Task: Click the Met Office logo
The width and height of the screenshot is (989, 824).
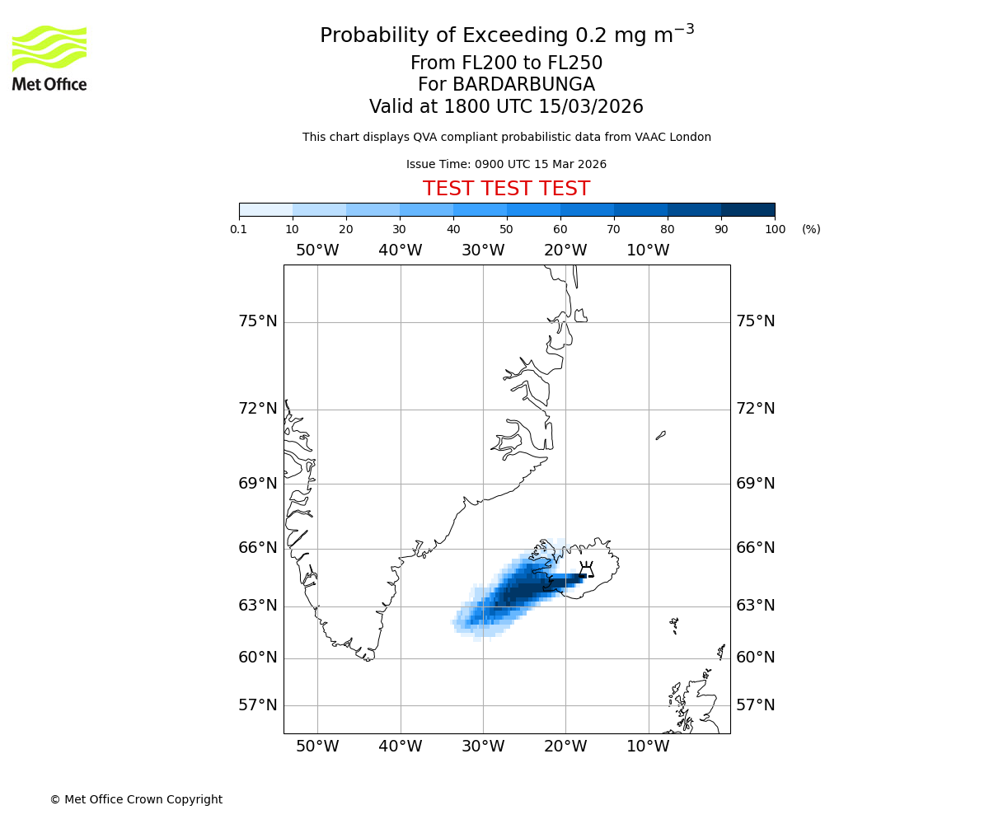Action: click(49, 58)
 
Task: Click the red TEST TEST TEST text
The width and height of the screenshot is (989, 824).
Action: click(506, 189)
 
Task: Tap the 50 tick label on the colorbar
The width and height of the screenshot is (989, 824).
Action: click(506, 229)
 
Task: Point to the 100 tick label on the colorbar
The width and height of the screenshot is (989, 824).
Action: click(775, 229)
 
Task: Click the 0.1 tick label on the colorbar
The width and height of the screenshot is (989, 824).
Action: click(239, 229)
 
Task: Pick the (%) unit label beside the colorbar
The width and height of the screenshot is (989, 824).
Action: click(811, 229)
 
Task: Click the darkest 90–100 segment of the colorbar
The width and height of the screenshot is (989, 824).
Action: click(748, 209)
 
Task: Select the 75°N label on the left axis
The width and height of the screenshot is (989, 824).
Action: click(258, 321)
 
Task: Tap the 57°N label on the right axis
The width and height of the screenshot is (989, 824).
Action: click(756, 705)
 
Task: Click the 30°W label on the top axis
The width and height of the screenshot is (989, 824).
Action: click(483, 250)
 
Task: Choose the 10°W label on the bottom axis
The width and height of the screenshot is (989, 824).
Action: click(648, 747)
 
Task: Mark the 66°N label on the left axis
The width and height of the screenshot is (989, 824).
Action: click(258, 548)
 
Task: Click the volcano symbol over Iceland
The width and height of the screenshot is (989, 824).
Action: click(586, 569)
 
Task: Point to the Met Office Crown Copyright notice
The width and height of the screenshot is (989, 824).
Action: click(136, 799)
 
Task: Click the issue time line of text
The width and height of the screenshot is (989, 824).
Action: click(506, 164)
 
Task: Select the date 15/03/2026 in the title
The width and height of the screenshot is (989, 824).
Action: click(591, 106)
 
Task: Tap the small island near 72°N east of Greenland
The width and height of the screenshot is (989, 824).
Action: click(660, 435)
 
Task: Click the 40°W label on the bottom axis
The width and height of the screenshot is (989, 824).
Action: click(401, 747)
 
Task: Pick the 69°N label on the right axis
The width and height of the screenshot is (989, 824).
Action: click(756, 484)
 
